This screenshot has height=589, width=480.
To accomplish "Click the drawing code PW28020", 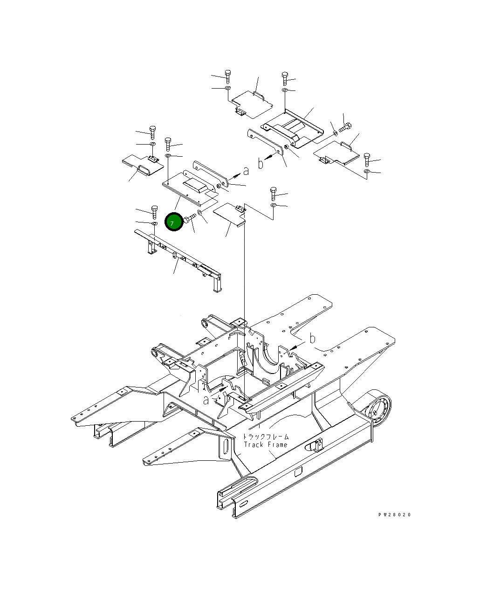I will pyautogui.click(x=394, y=515).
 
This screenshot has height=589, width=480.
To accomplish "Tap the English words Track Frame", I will pyautogui.click(x=266, y=445).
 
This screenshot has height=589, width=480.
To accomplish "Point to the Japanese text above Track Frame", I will pyautogui.click(x=266, y=437).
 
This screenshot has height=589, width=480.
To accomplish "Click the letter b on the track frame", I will pyautogui.click(x=313, y=339).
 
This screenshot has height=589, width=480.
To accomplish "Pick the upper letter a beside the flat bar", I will pyautogui.click(x=246, y=171).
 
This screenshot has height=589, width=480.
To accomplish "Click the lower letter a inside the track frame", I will pyautogui.click(x=206, y=399).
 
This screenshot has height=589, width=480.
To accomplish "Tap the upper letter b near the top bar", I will pyautogui.click(x=261, y=163).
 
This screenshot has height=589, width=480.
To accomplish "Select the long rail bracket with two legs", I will pyautogui.click(x=179, y=258).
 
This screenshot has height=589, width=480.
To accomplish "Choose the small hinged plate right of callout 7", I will pyautogui.click(x=229, y=214).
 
